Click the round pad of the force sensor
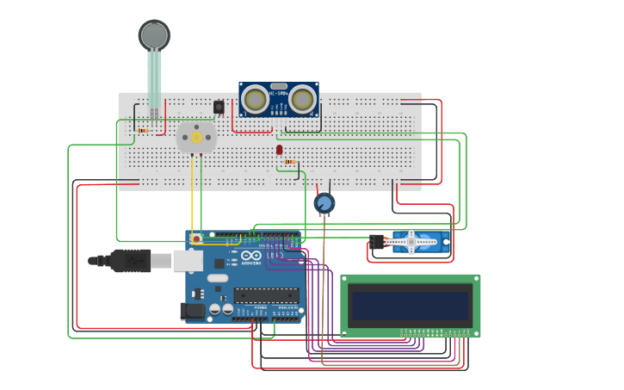(154, 34)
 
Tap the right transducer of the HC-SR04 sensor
(302, 100)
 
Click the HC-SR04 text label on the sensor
(278, 93)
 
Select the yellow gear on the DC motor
(196, 137)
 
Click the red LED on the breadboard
(280, 150)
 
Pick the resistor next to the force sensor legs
(143, 131)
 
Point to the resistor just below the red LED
(290, 162)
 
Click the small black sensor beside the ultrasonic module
(219, 107)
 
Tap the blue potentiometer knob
(324, 203)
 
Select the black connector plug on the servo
(376, 243)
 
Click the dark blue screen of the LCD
(410, 305)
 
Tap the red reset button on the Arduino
(196, 238)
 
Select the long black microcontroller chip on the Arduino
(266, 295)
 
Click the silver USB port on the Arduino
(188, 260)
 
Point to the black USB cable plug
(129, 259)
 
